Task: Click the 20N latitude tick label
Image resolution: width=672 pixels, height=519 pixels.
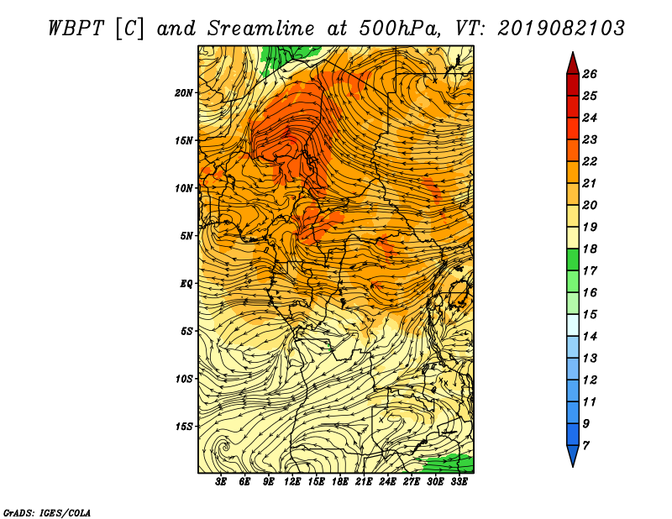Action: coord(184,93)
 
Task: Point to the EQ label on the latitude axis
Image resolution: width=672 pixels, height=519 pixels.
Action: coord(186,284)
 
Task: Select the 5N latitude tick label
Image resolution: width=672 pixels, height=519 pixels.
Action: coord(186,236)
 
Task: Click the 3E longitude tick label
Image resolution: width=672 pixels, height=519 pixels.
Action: coord(221,482)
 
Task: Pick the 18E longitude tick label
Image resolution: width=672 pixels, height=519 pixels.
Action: coord(340,482)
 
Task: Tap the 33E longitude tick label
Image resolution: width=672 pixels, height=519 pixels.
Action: coord(459,482)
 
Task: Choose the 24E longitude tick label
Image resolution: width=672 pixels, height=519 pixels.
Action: coord(387,482)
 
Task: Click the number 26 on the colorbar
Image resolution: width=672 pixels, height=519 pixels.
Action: coord(590,74)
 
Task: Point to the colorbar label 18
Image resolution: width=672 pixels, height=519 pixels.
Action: coord(590,249)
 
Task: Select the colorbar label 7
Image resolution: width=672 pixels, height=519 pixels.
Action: coord(585,446)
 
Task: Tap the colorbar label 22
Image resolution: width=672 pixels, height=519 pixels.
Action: coord(590,161)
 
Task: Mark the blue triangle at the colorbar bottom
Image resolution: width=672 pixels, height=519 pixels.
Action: coord(573,454)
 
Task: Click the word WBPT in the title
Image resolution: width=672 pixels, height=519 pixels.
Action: coord(76,29)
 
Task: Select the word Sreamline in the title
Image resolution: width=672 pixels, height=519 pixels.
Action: coord(261,29)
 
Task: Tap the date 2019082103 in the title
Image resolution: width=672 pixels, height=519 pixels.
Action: coord(561,29)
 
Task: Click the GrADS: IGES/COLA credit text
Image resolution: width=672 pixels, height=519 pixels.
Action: coord(47,513)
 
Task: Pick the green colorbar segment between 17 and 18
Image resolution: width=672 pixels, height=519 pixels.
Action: coord(573,259)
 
